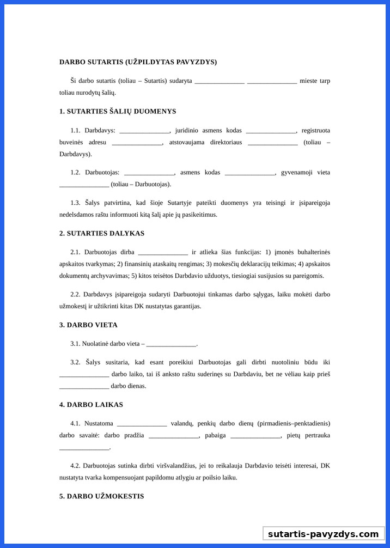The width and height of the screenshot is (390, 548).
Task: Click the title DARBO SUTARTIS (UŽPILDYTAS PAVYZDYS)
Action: tap(138, 62)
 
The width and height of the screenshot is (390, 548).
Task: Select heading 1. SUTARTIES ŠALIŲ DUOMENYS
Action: tap(118, 111)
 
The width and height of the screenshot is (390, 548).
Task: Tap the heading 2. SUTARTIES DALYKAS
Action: tap(102, 233)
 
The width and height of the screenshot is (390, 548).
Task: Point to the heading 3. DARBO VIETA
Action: tap(88, 325)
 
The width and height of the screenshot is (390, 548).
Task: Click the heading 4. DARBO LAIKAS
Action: tap(91, 405)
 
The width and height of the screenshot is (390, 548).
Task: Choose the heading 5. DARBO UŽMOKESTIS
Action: tap(101, 496)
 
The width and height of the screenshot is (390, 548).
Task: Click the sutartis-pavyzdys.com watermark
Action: tap(323, 534)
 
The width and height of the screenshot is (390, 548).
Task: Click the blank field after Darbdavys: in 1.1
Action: tap(144, 131)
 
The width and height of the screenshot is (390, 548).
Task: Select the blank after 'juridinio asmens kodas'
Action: tap(271, 131)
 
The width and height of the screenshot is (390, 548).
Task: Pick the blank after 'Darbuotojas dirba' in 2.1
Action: tap(163, 253)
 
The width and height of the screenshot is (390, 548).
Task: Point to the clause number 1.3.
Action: tap(75, 203)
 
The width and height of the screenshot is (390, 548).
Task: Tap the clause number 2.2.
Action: tap(75, 294)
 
